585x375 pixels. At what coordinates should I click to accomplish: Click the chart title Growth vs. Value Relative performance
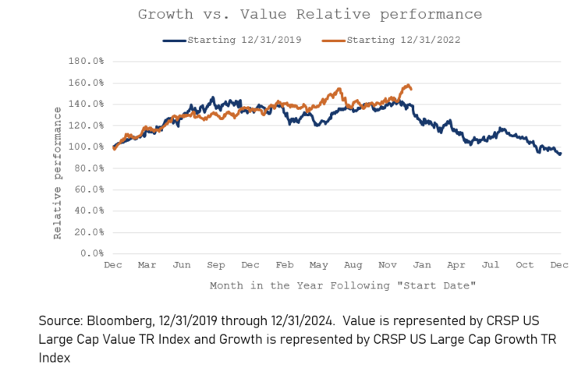[x=310, y=14]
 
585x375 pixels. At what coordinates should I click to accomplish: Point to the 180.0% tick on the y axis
[x=87, y=61]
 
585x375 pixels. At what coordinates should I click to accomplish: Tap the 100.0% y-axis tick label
[x=87, y=147]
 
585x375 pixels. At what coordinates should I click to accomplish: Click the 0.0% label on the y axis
[x=94, y=253]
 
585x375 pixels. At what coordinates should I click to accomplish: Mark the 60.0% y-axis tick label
[x=90, y=189]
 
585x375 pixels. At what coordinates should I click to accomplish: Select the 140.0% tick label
[x=87, y=104]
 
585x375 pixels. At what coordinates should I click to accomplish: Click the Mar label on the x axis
[x=147, y=265]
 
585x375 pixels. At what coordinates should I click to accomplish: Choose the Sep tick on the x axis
[x=216, y=265]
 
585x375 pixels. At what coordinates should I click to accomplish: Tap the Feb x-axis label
[x=285, y=265]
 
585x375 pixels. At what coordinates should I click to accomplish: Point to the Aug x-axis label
[x=353, y=265]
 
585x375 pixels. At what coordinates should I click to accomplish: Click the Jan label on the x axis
[x=422, y=265]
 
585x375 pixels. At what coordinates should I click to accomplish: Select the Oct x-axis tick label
[x=525, y=265]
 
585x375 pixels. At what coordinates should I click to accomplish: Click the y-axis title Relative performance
[x=58, y=173]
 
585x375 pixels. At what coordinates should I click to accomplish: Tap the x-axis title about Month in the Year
[x=342, y=285]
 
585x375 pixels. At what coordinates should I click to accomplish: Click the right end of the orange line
[x=411, y=88]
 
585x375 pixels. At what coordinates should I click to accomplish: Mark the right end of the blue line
[x=560, y=154]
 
